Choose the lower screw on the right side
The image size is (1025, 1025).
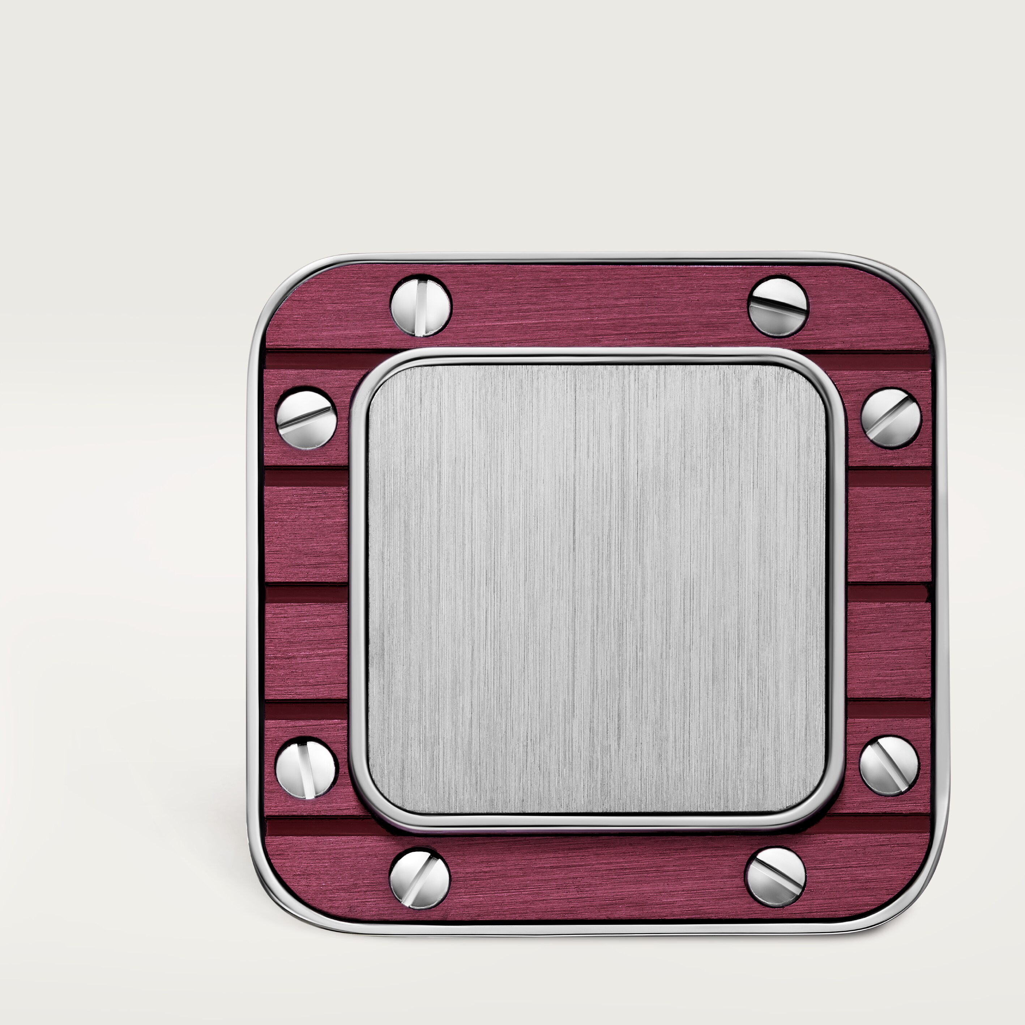[x=889, y=765]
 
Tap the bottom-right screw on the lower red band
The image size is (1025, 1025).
[x=775, y=876]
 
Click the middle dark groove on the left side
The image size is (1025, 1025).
[x=306, y=594]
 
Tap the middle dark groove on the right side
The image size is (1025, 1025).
[x=889, y=594]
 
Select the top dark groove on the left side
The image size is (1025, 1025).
[x=306, y=477]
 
